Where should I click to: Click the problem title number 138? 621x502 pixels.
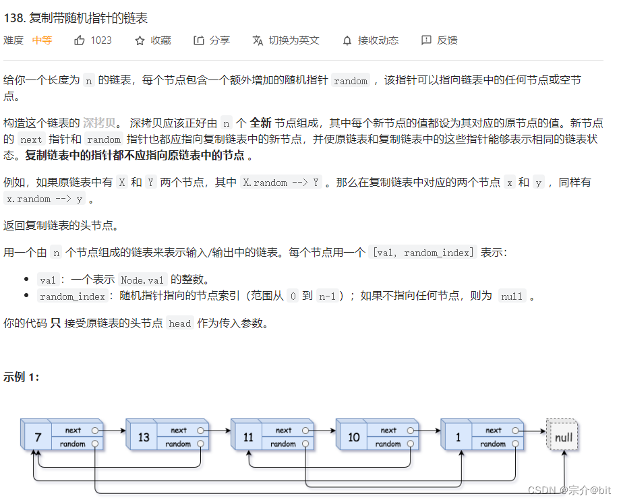(x=14, y=18)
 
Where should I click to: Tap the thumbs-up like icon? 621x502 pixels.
(x=80, y=40)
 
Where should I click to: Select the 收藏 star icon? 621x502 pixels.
(x=140, y=40)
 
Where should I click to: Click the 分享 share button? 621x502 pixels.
(x=212, y=40)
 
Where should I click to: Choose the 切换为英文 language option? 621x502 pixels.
(x=286, y=40)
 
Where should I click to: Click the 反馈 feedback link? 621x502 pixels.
(x=439, y=40)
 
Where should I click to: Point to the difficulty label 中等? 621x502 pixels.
(x=42, y=40)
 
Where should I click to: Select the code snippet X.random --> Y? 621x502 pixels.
(x=281, y=183)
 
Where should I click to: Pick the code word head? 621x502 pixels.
(x=180, y=323)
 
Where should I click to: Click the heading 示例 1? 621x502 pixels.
(x=22, y=377)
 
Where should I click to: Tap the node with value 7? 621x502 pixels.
(x=38, y=437)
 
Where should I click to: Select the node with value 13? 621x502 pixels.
(x=144, y=437)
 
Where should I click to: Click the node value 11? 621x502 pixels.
(x=249, y=437)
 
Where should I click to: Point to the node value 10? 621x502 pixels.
(x=354, y=437)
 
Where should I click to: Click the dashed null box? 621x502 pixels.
(x=563, y=437)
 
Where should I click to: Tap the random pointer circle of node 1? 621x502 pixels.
(x=516, y=444)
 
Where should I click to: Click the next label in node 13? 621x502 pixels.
(x=178, y=430)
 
